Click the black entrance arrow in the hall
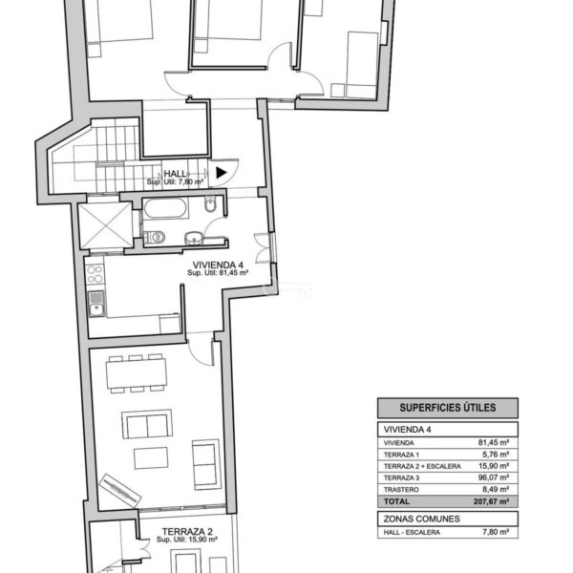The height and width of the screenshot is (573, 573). pyautogui.click(x=221, y=173)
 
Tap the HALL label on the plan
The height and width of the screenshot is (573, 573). pyautogui.click(x=175, y=174)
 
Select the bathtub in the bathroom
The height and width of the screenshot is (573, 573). pyautogui.click(x=165, y=208)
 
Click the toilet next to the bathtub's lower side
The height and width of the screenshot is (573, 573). pyautogui.click(x=155, y=237)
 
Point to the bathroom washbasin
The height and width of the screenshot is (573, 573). pyautogui.click(x=194, y=238)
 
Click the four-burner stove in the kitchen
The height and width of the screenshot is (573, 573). pyautogui.click(x=95, y=274)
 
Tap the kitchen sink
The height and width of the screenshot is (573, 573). pyautogui.click(x=96, y=304)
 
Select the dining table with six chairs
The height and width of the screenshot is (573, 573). pyautogui.click(x=137, y=373)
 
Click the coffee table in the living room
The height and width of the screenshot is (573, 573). pyautogui.click(x=151, y=458)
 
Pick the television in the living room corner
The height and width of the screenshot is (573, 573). pyautogui.click(x=119, y=491)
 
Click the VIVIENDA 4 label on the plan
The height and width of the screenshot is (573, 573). pyautogui.click(x=218, y=265)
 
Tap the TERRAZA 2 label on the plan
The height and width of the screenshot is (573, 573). pyautogui.click(x=187, y=531)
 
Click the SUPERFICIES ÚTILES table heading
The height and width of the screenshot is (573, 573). pyautogui.click(x=448, y=408)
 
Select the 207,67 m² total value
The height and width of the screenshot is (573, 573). pyautogui.click(x=491, y=501)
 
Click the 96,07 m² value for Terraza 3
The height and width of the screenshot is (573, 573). pyautogui.click(x=494, y=477)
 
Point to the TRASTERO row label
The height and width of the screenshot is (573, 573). pyautogui.click(x=401, y=490)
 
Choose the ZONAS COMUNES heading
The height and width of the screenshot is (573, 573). pyautogui.click(x=421, y=519)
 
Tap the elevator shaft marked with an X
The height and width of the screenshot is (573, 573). pyautogui.click(x=106, y=225)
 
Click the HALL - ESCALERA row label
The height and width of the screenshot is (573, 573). pyautogui.click(x=412, y=533)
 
